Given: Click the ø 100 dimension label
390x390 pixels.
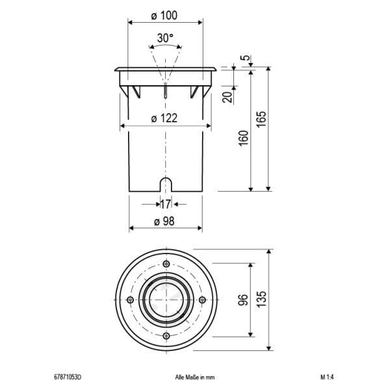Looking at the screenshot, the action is click(x=164, y=16).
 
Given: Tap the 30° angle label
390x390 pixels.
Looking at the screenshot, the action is click(x=165, y=38).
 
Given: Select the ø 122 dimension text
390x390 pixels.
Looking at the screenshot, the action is click(x=164, y=118).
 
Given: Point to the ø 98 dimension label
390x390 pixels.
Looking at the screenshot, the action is click(x=164, y=221).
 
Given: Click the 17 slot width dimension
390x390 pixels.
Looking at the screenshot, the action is click(x=165, y=205).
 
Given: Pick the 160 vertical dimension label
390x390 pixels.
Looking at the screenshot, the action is click(x=244, y=138).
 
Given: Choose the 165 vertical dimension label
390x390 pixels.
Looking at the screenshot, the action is click(x=261, y=120).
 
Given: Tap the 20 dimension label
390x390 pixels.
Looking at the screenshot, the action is click(x=227, y=97).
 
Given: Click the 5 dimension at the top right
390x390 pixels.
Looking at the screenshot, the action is click(x=246, y=57).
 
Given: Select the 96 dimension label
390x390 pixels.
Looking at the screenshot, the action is click(x=243, y=300).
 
